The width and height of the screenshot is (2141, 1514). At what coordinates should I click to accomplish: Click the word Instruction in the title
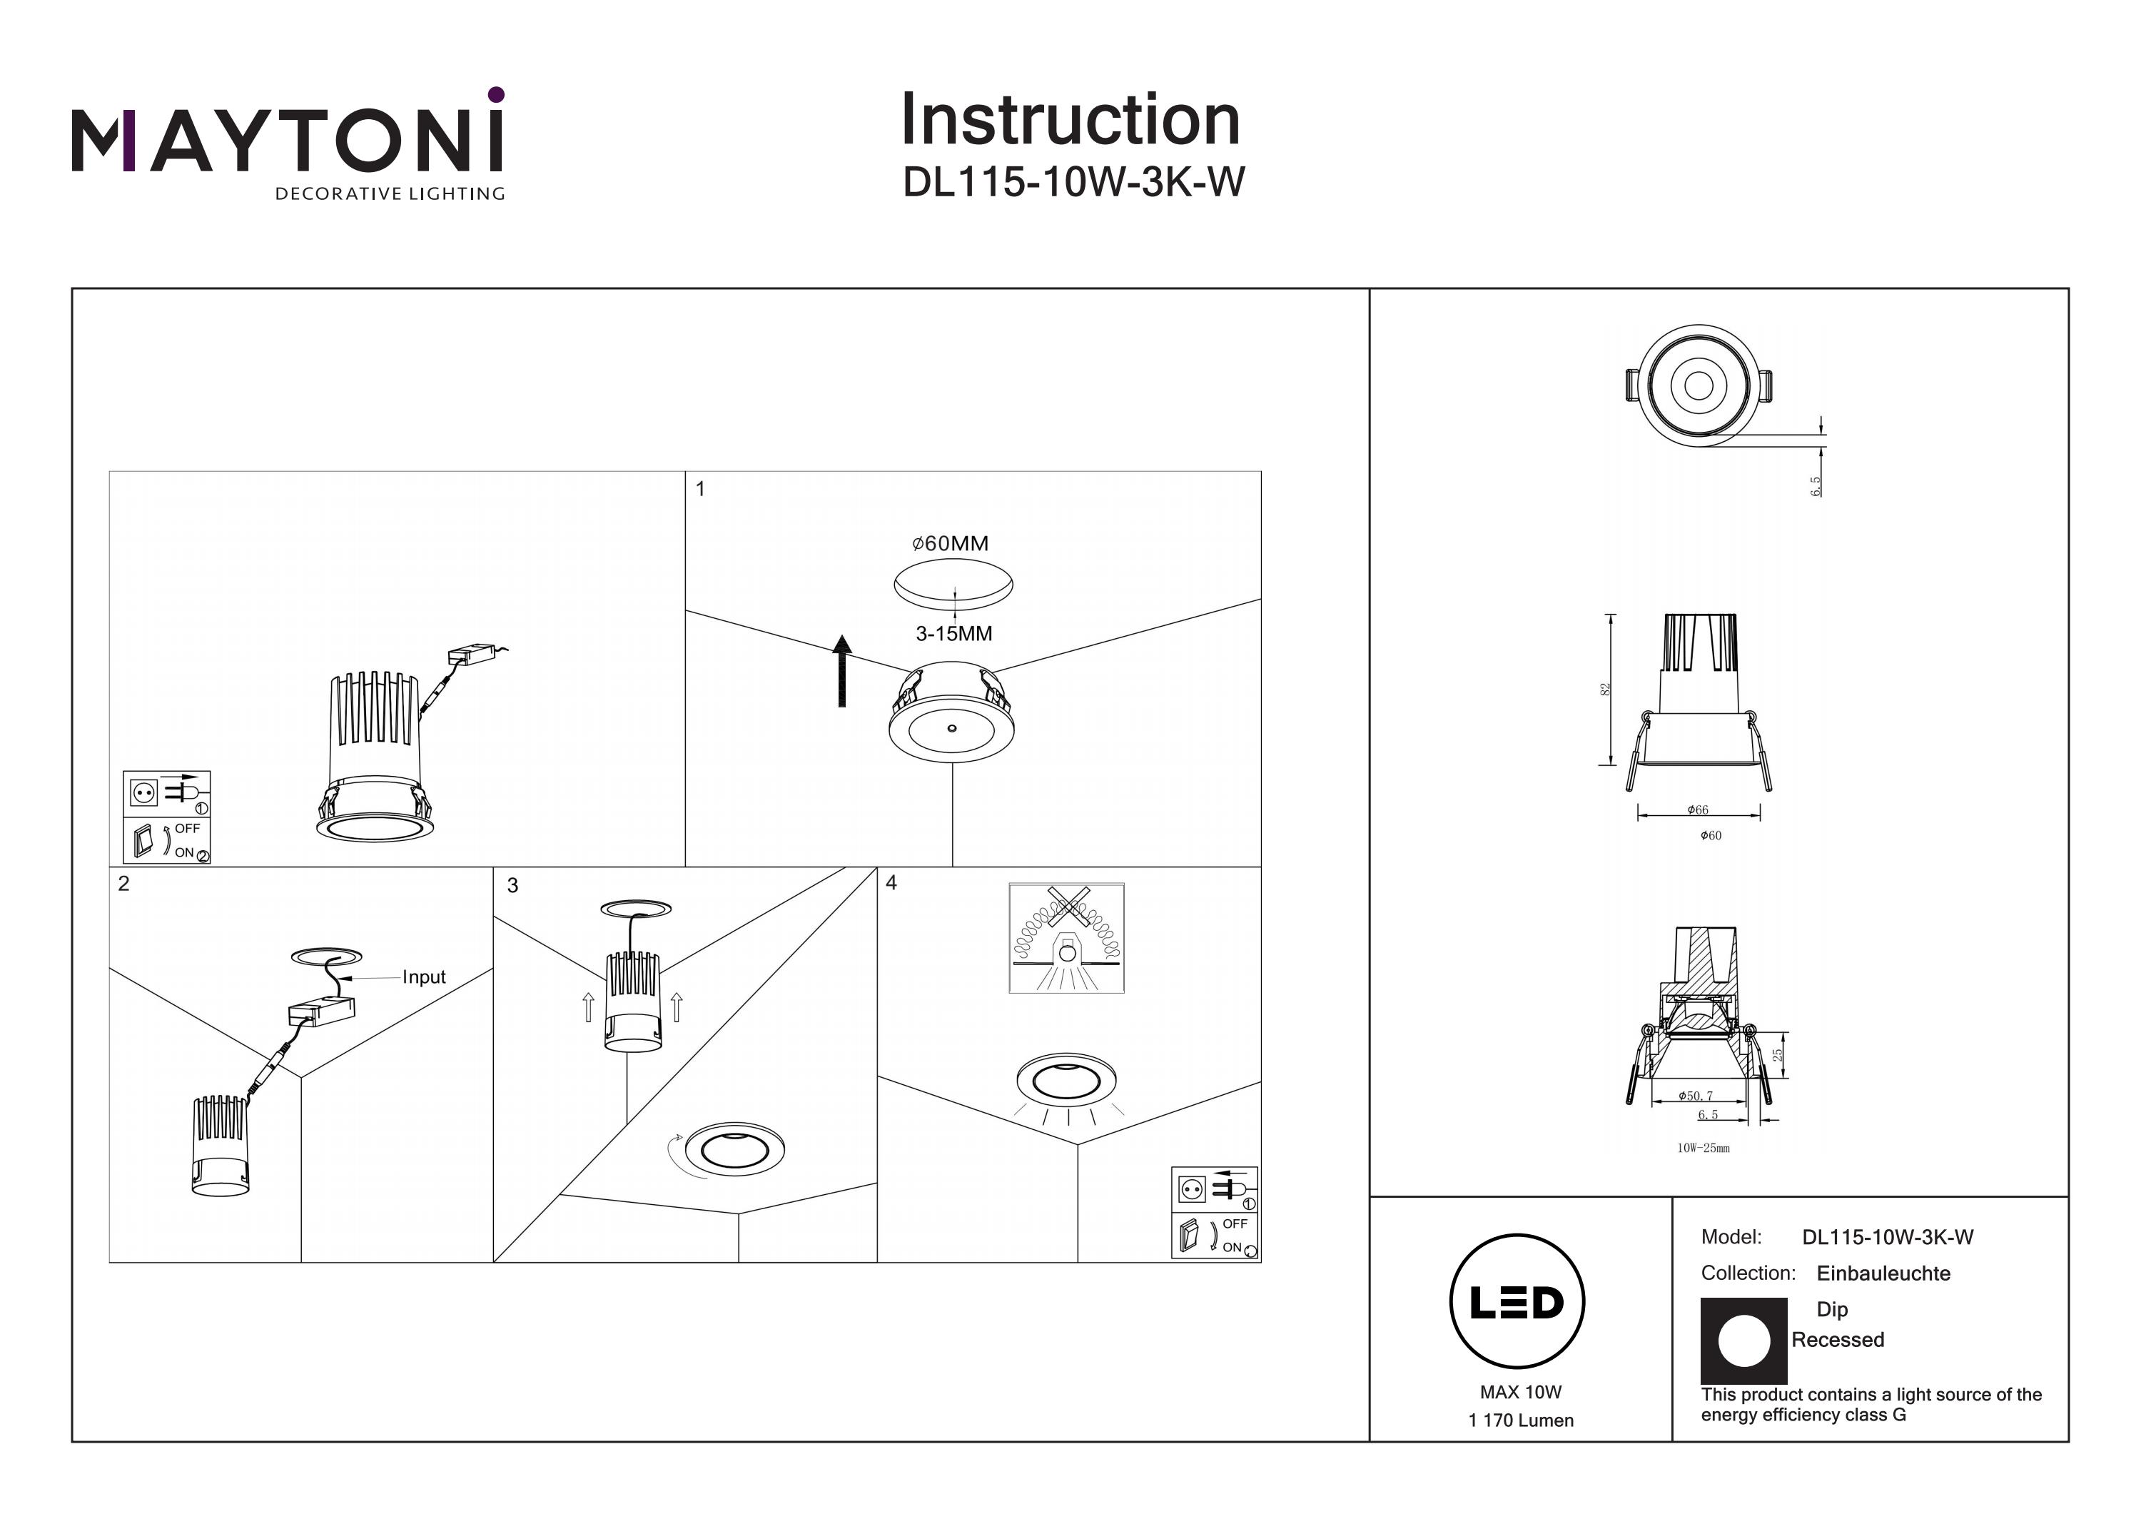point(1070,121)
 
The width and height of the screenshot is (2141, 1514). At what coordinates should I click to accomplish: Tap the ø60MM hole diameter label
point(949,543)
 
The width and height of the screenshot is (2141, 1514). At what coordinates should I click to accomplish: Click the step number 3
point(512,885)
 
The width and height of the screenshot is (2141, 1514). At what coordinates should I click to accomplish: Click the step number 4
point(891,882)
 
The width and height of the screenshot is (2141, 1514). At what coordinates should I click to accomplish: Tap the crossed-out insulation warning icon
point(1066,937)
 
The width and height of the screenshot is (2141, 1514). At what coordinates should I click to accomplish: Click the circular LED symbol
point(1517,1302)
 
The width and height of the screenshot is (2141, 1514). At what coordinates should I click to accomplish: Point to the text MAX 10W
point(1520,1392)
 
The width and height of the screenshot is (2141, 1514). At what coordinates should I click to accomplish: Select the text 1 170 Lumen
point(1520,1420)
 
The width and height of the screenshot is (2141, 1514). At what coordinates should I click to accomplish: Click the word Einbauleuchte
point(1883,1273)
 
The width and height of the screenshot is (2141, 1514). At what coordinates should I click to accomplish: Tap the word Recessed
point(1837,1340)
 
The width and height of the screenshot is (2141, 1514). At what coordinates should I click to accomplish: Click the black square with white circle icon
point(1743,1341)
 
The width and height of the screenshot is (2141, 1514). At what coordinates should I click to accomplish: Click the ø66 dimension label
point(1697,809)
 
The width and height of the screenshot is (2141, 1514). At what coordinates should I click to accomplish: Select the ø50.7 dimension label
point(1694,1096)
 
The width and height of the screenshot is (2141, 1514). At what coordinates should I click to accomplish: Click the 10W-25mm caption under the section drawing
point(1703,1149)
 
